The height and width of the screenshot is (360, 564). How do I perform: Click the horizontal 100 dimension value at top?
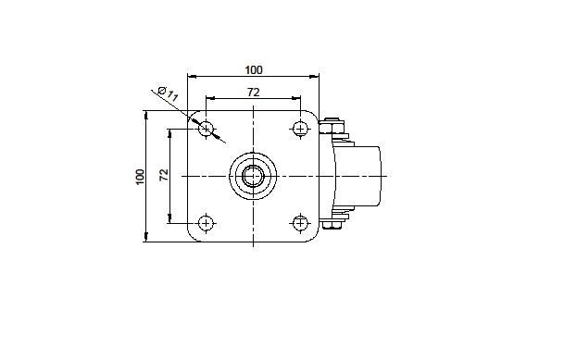[x=254, y=70]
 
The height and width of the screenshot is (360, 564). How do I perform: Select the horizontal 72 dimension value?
[x=253, y=93]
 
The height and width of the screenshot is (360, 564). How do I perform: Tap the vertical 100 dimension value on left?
[x=140, y=177]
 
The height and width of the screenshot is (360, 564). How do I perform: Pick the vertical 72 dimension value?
[x=164, y=175]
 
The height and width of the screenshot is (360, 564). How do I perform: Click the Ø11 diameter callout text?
[x=169, y=93]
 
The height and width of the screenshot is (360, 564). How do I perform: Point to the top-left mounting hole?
[x=207, y=128]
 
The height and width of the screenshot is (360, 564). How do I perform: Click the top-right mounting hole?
[x=300, y=128]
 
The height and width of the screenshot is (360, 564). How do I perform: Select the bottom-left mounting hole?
[x=207, y=223]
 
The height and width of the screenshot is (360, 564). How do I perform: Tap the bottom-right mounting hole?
[x=300, y=223]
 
